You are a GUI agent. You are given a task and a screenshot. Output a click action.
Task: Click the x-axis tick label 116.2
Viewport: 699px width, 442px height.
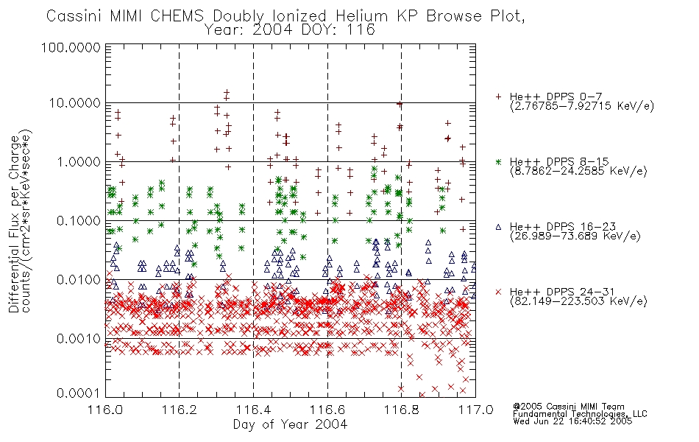pyautogui.click(x=180, y=410)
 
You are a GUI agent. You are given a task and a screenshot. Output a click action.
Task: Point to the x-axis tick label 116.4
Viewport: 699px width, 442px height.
pyautogui.click(x=254, y=410)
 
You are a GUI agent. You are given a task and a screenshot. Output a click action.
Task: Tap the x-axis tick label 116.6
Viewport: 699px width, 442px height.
pyautogui.click(x=327, y=410)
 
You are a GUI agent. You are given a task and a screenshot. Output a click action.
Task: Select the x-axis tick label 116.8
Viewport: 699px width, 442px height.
pyautogui.click(x=402, y=410)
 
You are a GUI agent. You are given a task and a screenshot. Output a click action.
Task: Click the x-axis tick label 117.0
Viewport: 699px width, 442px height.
pyautogui.click(x=475, y=410)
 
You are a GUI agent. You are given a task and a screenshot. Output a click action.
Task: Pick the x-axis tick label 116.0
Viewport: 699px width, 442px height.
pyautogui.click(x=106, y=410)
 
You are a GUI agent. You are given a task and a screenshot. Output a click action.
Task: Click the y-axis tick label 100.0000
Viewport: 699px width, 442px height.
pyautogui.click(x=71, y=47)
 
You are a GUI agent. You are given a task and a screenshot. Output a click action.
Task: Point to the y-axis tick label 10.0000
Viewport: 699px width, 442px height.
pyautogui.click(x=75, y=103)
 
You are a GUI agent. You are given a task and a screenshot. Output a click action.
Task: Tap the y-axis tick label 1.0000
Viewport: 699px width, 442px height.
pyautogui.click(x=79, y=162)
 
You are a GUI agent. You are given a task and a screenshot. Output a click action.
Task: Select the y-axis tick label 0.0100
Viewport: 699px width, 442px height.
pyautogui.click(x=79, y=280)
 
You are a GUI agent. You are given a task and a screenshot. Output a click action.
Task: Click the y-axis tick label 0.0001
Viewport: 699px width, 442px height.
pyautogui.click(x=79, y=393)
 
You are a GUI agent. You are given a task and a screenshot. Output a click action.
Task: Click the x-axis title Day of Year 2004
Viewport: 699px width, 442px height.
pyautogui.click(x=290, y=424)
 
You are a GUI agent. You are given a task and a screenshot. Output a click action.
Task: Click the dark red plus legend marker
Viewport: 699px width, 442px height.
pyautogui.click(x=498, y=97)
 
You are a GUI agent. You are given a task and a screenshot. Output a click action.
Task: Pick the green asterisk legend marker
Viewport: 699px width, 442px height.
pyautogui.click(x=498, y=162)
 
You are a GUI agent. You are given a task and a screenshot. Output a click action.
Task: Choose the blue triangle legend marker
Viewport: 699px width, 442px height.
pyautogui.click(x=498, y=227)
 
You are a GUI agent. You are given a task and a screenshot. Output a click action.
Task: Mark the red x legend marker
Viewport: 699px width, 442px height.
pyautogui.click(x=498, y=292)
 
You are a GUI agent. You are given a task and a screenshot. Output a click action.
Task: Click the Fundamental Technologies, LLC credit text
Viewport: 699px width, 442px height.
pyautogui.click(x=580, y=414)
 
